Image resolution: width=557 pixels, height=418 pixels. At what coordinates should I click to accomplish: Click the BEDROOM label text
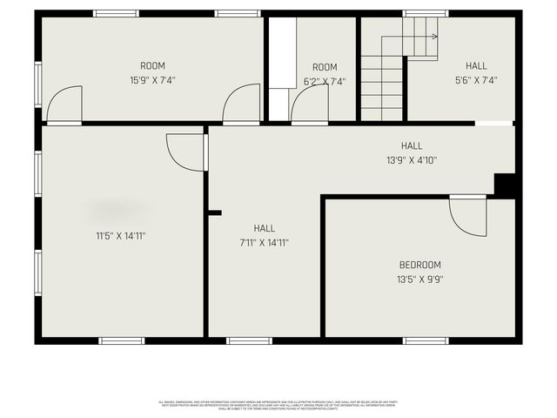[419, 265]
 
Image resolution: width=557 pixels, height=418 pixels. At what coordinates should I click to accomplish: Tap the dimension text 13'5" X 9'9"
[419, 280]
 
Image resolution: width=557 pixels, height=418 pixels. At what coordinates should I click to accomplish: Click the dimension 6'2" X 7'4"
[325, 81]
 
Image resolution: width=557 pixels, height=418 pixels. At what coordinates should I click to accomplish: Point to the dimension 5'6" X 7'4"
[476, 80]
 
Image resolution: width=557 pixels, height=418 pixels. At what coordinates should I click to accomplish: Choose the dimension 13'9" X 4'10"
[412, 160]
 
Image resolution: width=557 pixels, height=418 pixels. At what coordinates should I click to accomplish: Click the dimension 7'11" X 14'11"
[264, 243]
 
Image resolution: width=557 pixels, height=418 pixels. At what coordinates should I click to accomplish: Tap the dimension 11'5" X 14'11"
[120, 235]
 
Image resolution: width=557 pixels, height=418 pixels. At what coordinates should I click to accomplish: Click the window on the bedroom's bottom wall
[426, 340]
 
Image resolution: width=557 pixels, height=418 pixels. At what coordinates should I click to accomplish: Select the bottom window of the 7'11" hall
[249, 340]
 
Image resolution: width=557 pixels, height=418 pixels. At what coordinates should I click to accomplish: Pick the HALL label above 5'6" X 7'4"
[476, 65]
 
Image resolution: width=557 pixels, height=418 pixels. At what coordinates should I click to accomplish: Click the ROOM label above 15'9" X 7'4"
[152, 65]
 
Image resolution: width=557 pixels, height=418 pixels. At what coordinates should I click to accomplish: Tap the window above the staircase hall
[426, 13]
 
